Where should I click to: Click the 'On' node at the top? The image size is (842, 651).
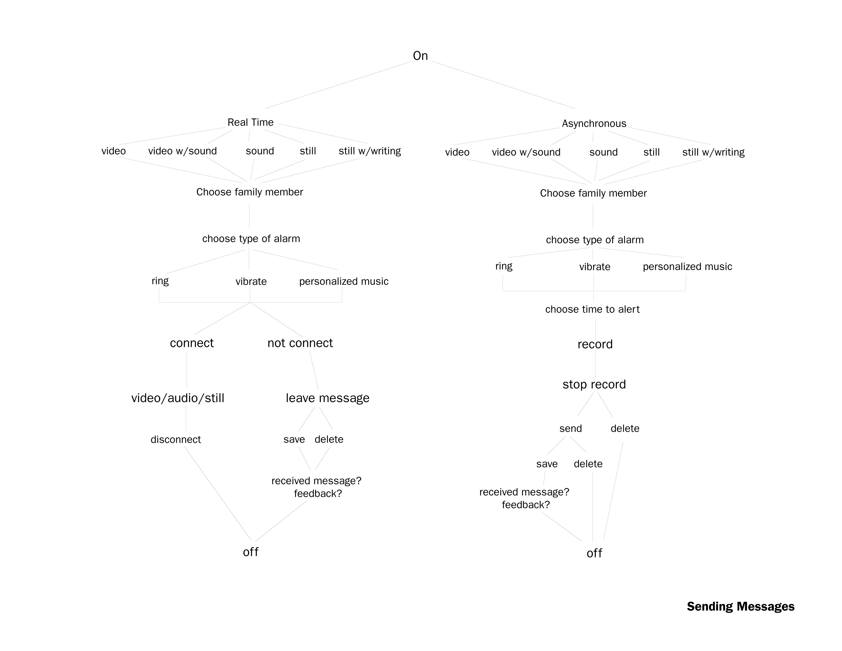coord(420,56)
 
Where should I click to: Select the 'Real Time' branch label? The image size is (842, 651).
coord(251,122)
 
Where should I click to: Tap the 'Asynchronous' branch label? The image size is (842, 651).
coord(594,124)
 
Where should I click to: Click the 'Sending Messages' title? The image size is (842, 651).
coord(741,607)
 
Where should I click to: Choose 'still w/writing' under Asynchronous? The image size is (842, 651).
coord(713,152)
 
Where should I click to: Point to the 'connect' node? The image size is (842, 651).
coord(192,343)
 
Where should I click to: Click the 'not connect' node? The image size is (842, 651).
coord(300,343)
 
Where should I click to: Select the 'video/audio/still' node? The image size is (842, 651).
coord(178,398)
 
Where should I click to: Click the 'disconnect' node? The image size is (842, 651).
coord(176,440)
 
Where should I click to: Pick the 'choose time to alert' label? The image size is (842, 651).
coord(593,309)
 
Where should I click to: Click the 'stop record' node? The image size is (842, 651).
coord(594,384)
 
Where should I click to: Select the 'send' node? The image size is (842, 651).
coord(571,428)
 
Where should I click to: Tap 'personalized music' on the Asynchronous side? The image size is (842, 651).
coord(687,267)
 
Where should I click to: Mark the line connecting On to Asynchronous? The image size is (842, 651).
coord(504,85)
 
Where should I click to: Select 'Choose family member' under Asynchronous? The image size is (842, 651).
coord(593,193)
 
